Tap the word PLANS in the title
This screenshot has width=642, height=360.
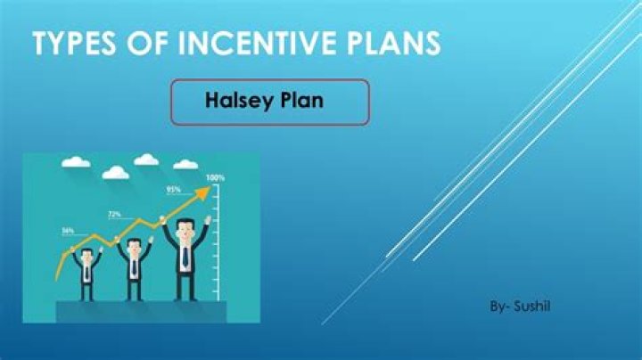coord(389,44)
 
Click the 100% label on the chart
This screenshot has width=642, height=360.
coord(216,177)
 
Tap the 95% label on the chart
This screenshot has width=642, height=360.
coord(174,190)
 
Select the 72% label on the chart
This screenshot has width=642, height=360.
coord(114,215)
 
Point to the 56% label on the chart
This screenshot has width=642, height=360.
coord(68,231)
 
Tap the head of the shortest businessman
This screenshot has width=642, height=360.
coord(87,257)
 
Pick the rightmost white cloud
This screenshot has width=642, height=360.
coord(185,164)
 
